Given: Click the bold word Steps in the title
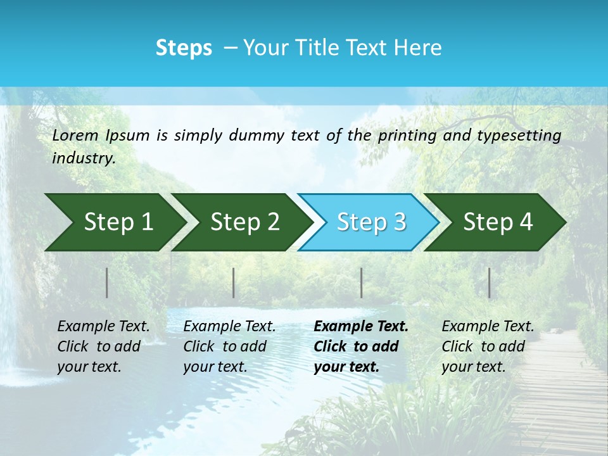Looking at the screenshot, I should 184,48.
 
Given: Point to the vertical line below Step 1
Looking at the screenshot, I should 107,282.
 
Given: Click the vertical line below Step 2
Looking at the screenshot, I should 234,282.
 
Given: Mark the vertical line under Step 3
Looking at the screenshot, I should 361,282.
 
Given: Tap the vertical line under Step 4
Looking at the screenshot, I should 489,282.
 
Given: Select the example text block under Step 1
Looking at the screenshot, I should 103,346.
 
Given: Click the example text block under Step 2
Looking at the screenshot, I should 229,346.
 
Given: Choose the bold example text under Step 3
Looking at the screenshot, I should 361,346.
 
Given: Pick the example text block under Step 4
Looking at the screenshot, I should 488,346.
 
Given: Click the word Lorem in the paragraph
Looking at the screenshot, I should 75,136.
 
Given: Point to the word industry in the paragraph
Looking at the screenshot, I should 84,158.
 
